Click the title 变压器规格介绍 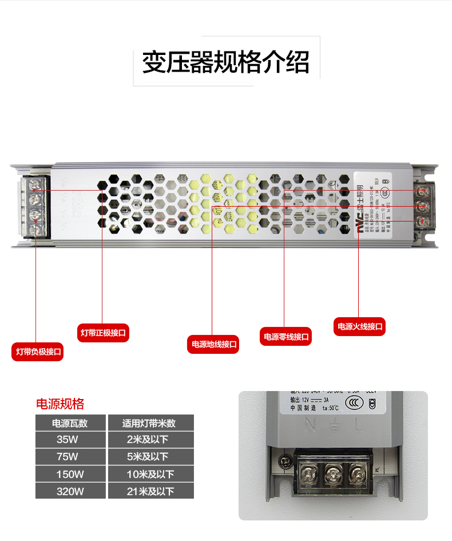(x=225, y=62)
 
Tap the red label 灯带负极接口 (x=38, y=352)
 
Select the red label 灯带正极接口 (x=103, y=333)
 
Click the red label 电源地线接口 (x=213, y=344)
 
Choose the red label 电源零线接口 (x=286, y=337)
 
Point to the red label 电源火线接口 (x=359, y=327)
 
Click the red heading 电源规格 (x=60, y=404)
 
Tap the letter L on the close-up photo (x=359, y=425)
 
